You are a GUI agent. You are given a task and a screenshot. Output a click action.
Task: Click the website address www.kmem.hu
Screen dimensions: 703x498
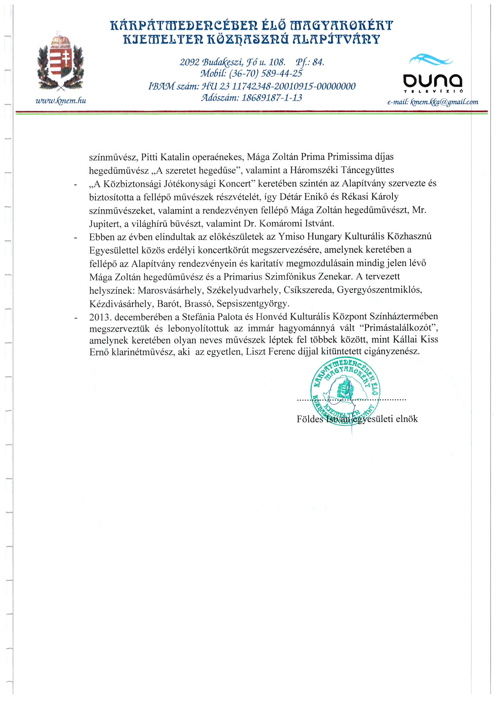(61, 101)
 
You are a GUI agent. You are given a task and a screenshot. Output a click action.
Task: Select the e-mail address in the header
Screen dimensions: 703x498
(433, 102)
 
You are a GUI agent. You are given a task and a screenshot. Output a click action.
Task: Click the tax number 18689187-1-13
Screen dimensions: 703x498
(271, 97)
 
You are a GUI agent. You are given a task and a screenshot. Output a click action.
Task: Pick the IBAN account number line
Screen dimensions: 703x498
(252, 86)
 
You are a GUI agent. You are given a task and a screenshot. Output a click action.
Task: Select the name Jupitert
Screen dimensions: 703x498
(106, 223)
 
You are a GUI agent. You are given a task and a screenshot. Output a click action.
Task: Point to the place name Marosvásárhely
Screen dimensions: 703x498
(171, 290)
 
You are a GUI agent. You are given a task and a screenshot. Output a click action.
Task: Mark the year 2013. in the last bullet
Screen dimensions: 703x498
(100, 317)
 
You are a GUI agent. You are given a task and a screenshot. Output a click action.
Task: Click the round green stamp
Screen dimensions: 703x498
(346, 392)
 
